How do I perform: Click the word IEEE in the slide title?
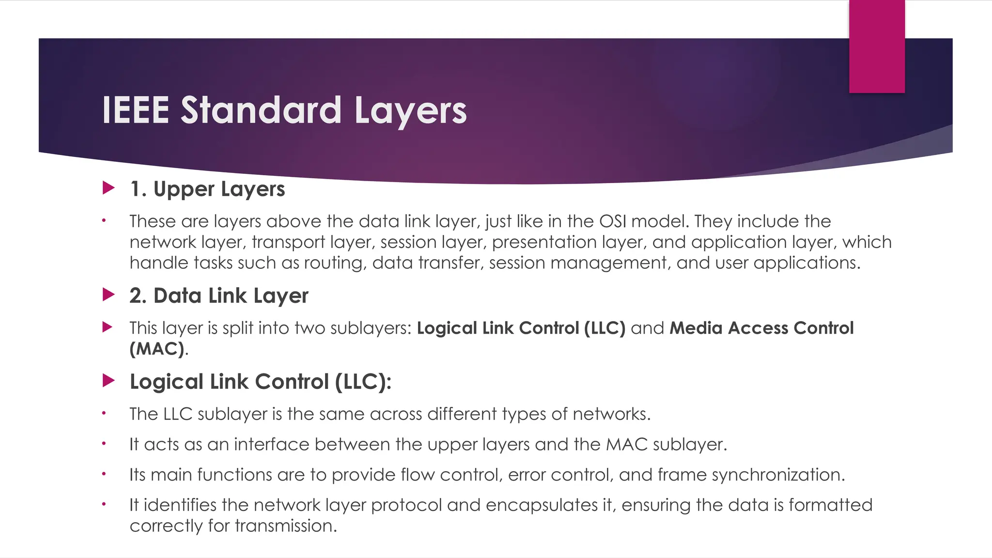tap(135, 110)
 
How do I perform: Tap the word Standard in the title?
tap(261, 110)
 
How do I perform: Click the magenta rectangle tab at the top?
tap(877, 46)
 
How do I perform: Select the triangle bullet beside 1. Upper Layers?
tap(108, 188)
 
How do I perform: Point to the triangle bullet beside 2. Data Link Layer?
tap(108, 294)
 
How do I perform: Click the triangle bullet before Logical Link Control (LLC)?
tap(108, 381)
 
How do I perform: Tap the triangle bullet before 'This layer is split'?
tap(108, 327)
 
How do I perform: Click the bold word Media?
tap(696, 328)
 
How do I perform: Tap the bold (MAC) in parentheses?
tap(157, 349)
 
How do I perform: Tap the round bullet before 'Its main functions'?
tap(104, 474)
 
